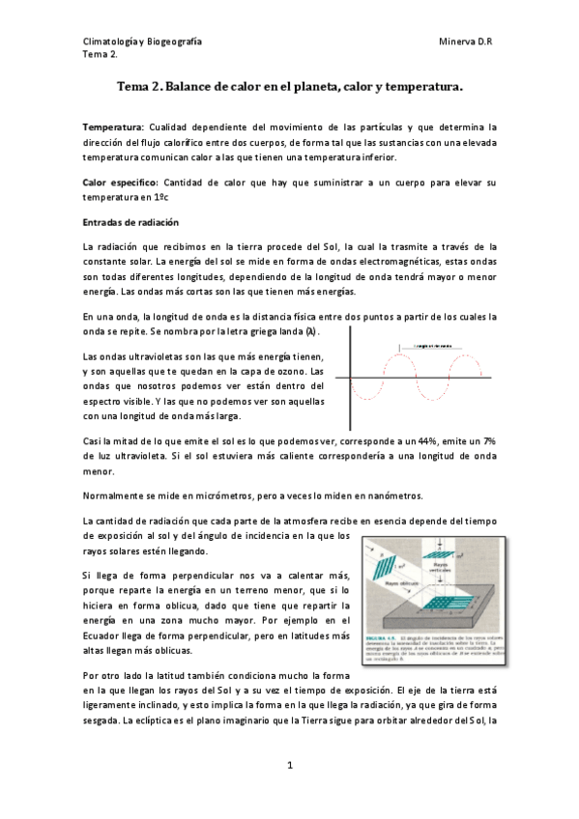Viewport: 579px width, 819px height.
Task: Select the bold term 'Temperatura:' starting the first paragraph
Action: [113, 127]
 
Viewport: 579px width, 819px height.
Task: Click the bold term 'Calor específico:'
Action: [122, 182]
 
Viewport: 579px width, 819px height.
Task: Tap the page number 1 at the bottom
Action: [289, 766]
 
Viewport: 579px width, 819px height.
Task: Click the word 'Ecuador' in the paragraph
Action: [103, 623]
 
